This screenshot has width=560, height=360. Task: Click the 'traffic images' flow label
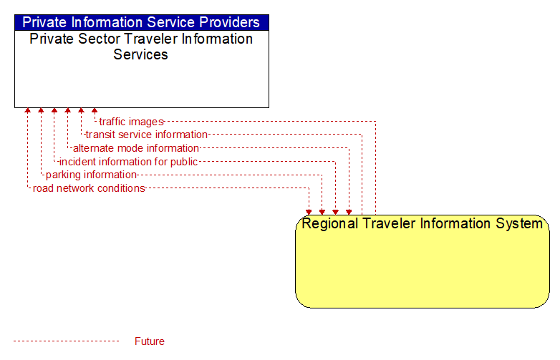point(132,122)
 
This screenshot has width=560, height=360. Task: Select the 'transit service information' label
point(146,135)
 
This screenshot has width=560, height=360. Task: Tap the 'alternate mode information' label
point(136,148)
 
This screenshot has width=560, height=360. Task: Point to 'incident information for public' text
point(128,162)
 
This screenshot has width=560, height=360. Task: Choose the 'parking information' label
point(91,175)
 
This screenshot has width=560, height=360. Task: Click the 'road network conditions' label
point(89,188)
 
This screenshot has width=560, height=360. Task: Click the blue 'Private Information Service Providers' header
point(141,22)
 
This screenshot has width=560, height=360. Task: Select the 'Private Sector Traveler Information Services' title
point(141,47)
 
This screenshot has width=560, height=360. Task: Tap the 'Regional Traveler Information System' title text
point(422,224)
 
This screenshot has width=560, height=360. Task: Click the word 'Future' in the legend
point(149,341)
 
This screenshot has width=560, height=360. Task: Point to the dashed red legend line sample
point(66,341)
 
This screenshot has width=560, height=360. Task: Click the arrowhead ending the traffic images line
point(95,110)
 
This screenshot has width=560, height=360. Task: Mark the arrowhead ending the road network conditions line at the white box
point(27,110)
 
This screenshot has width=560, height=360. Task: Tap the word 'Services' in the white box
point(140,54)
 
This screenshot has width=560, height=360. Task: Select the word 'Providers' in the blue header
point(229,22)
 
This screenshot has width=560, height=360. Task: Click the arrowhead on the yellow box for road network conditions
point(309,213)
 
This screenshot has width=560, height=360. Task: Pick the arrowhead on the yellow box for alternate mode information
point(349,213)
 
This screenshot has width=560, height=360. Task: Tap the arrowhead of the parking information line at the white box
point(41,110)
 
